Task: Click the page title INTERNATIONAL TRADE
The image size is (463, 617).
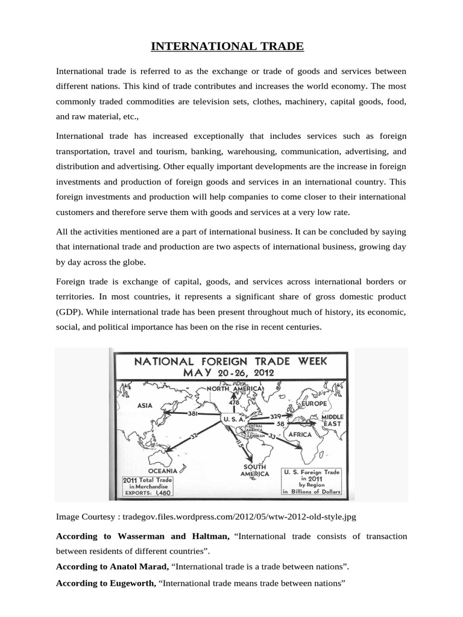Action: (231, 46)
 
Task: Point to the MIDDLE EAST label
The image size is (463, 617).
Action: (332, 421)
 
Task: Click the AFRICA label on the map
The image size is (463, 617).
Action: (300, 434)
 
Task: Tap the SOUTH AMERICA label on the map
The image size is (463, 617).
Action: (255, 470)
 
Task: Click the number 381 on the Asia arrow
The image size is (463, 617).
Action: (194, 414)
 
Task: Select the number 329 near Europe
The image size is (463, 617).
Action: (277, 416)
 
